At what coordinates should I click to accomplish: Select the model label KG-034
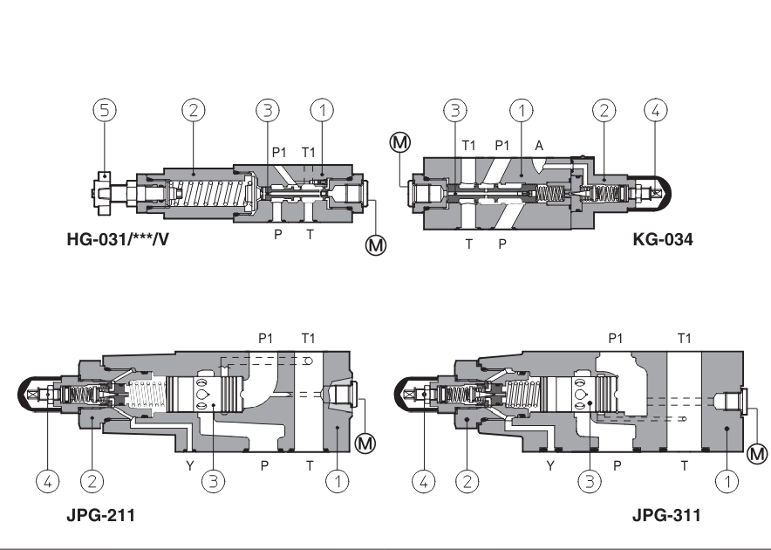[x=662, y=238]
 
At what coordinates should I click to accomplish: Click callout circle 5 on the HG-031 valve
[x=105, y=110]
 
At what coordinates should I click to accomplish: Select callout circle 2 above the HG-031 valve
[x=193, y=110]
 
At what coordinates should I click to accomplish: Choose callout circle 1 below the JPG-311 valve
[x=726, y=478]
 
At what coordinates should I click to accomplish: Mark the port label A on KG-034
[x=538, y=147]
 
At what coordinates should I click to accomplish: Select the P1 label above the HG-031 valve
[x=279, y=152]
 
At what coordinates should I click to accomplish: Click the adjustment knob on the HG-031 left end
[x=103, y=188]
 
